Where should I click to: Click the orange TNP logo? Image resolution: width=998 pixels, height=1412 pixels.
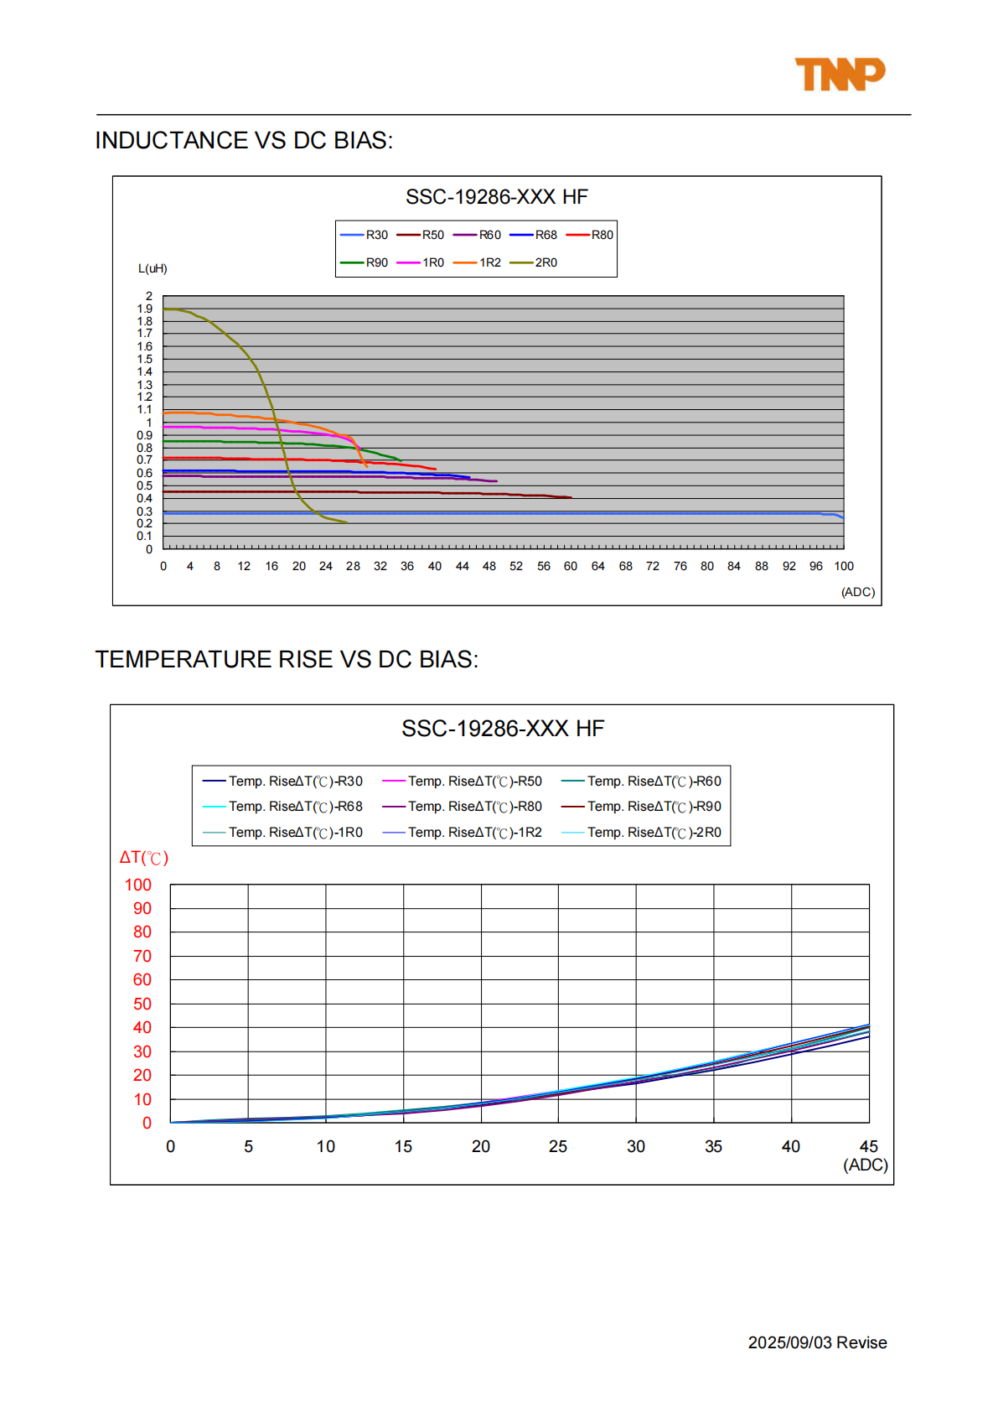[x=840, y=75]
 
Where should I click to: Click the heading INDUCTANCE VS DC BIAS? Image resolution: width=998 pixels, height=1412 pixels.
[x=244, y=140]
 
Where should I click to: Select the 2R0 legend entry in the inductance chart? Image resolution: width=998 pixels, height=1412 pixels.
[x=533, y=262]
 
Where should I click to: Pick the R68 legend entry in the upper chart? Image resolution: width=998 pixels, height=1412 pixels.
[x=533, y=235]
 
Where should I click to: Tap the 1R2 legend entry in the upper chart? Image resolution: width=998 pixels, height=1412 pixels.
[x=477, y=262]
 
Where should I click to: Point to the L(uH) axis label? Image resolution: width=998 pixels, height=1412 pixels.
[x=153, y=268]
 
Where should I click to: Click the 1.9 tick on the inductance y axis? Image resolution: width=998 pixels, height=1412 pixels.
[x=145, y=309]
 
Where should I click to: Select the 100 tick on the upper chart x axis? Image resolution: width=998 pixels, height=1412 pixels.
[x=844, y=566]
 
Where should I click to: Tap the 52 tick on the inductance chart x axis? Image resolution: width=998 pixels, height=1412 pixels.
[x=516, y=566]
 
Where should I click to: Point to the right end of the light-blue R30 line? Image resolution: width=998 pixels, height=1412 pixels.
[x=844, y=518]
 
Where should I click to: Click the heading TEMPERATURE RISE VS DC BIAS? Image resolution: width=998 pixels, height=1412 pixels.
[x=287, y=659]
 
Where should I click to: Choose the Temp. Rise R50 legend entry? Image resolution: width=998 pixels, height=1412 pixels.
[x=462, y=781]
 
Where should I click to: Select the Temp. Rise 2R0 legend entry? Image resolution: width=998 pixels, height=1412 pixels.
[x=641, y=832]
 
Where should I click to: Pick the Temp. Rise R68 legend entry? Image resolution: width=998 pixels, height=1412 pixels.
[x=282, y=807]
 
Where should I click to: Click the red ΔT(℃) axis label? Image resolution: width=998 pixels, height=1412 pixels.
[x=144, y=857]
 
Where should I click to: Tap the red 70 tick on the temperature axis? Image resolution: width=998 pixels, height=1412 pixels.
[x=142, y=956]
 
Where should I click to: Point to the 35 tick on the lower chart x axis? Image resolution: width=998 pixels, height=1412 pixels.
[x=713, y=1146]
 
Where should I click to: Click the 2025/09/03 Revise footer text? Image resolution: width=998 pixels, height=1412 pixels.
[x=817, y=1342]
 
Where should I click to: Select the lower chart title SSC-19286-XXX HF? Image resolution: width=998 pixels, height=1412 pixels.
[x=503, y=729]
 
